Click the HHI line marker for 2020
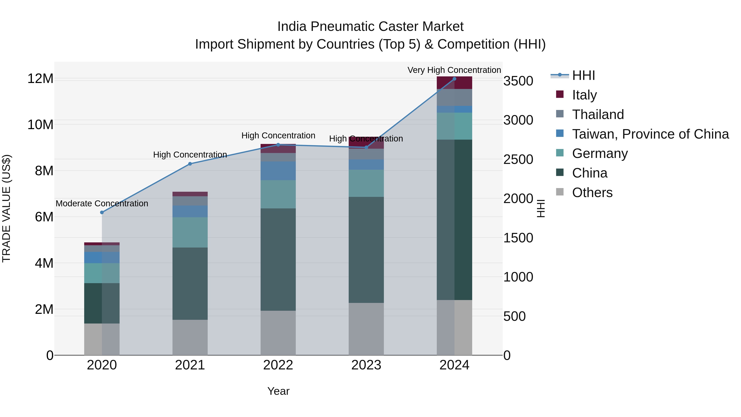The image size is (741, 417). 102,212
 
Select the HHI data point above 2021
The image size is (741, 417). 190,164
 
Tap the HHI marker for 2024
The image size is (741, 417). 454,79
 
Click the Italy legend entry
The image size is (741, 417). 584,95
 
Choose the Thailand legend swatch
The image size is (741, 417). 560,114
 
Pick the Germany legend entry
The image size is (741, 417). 600,153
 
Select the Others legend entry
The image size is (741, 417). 592,193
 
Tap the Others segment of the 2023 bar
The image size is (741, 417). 366,329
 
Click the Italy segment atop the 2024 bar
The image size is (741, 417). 454,83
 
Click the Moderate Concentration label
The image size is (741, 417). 102,203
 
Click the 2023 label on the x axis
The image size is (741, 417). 366,365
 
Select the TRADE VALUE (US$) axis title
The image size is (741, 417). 6,208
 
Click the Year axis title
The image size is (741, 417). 278,391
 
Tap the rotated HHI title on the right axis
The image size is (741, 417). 541,208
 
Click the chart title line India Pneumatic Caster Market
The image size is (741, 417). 370,27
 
